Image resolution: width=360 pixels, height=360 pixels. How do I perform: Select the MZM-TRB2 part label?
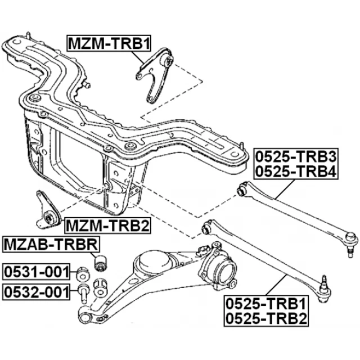[x=107, y=226]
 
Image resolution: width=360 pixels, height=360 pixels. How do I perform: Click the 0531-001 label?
[x=38, y=272]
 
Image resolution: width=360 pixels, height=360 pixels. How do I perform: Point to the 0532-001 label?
[x=38, y=292]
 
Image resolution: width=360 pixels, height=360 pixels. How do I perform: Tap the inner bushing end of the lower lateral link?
[x=207, y=228]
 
